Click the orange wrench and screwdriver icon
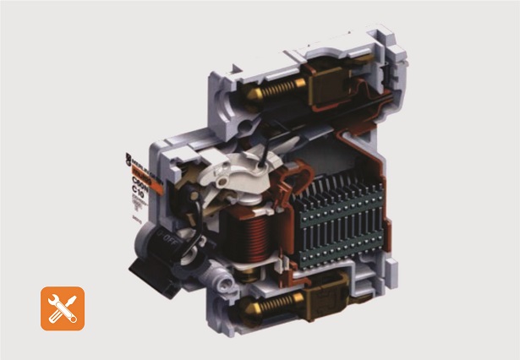(x=63, y=308)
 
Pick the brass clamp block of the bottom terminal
(x=326, y=297)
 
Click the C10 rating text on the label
(x=137, y=190)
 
